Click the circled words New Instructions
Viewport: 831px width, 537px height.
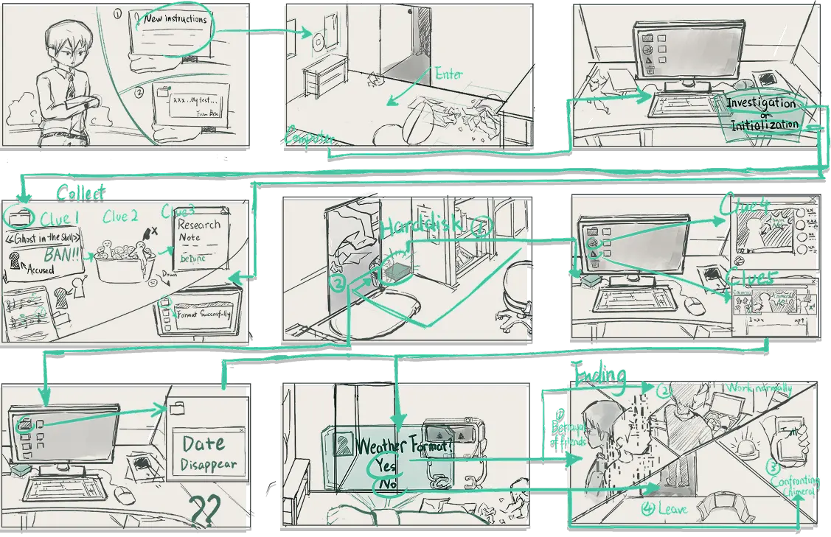[x=175, y=20]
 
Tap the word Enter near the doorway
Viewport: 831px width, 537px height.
[x=449, y=74]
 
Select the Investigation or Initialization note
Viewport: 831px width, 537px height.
[x=761, y=113]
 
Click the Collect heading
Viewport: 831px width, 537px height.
[x=80, y=193]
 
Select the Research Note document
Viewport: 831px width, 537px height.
[x=199, y=231]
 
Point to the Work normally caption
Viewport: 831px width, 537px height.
[x=759, y=387]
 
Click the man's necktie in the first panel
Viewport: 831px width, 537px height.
[x=69, y=85]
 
